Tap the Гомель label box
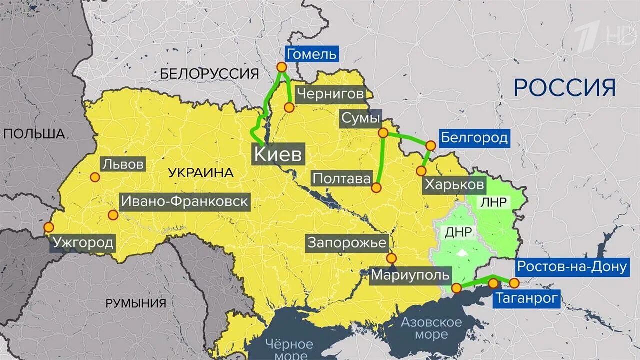311,54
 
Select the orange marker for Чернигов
289,107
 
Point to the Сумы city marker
383,133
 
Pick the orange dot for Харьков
421,171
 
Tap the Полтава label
341,178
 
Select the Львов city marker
95,177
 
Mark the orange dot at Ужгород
48,227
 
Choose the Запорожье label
347,243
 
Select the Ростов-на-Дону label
571,267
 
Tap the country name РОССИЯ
564,88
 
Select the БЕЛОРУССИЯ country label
210,74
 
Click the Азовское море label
431,328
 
